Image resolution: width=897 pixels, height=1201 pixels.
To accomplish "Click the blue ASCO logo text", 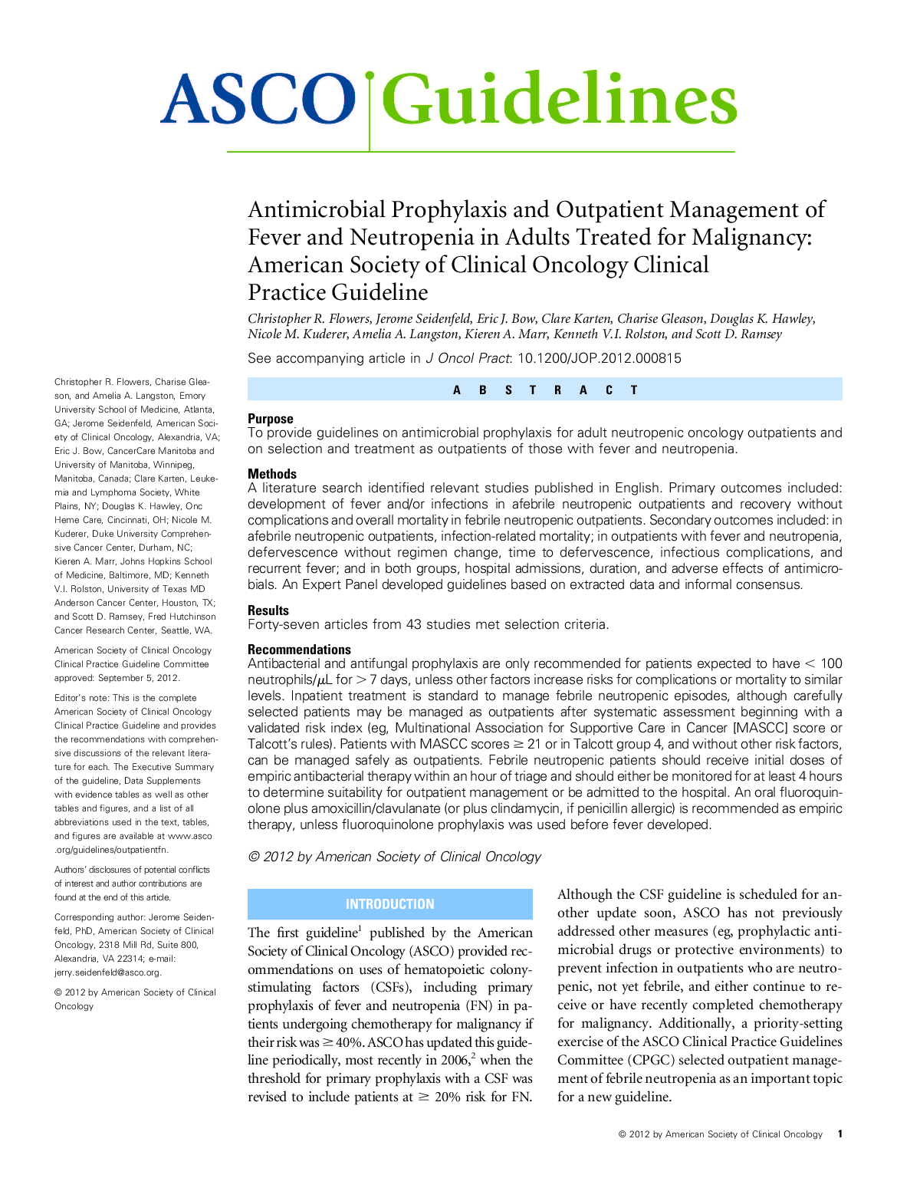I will [258, 100].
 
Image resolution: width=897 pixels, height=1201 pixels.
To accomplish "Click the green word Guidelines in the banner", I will [559, 100].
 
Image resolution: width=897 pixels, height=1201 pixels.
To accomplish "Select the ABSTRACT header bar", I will [544, 390].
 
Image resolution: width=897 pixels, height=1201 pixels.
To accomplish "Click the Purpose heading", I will [270, 419].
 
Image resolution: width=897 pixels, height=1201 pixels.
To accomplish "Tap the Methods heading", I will [271, 474].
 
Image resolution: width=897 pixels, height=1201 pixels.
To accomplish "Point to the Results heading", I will [268, 610].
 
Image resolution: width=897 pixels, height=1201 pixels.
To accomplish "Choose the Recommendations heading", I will [299, 650].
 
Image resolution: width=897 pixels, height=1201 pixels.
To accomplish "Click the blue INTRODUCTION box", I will [389, 904].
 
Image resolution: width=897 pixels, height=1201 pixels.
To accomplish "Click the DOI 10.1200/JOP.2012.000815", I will [599, 358].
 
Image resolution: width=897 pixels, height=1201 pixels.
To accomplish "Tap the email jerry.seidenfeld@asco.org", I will [107, 972].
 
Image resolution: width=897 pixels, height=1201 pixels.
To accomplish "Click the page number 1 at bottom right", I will [840, 1134].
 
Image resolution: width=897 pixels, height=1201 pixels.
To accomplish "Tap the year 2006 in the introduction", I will [454, 1061].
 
